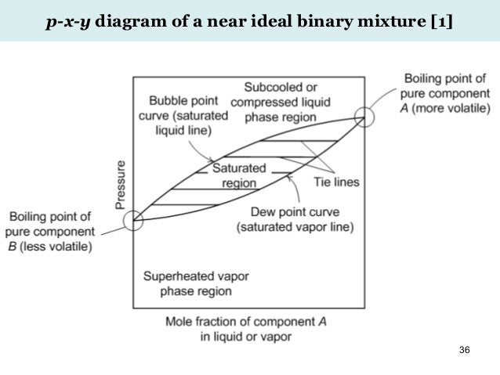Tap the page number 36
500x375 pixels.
tap(464, 348)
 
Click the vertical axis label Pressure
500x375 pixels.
tap(121, 184)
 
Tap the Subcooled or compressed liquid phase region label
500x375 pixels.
tap(280, 101)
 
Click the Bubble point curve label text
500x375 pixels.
tap(187, 116)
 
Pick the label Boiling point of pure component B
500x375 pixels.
tap(49, 232)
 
